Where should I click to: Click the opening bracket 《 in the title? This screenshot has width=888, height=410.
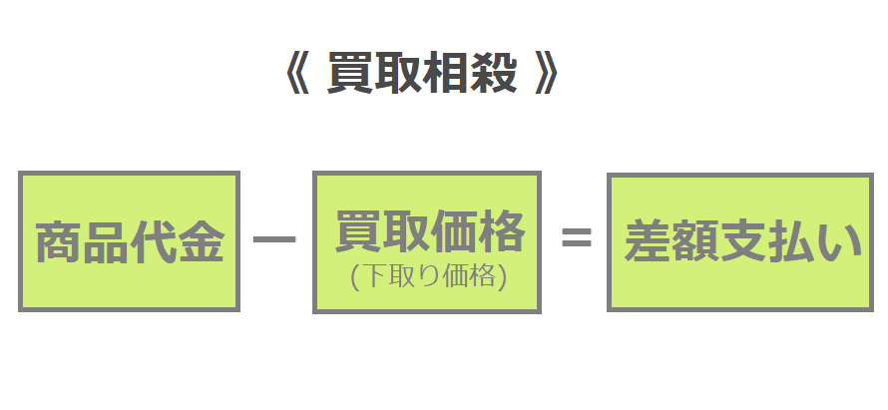point(296,73)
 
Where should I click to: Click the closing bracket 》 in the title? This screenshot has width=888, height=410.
point(546,73)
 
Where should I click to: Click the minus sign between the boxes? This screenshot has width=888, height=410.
point(274,239)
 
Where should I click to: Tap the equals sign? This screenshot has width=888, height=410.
point(577,236)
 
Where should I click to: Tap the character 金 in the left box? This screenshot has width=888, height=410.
point(201,242)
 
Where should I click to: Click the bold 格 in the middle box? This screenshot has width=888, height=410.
point(501,231)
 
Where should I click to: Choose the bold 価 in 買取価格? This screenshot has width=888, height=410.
point(454,231)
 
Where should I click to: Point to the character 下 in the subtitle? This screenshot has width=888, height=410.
point(372,277)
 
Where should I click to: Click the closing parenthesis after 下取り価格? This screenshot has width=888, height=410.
point(501,278)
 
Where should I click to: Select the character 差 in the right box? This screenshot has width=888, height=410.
point(648,240)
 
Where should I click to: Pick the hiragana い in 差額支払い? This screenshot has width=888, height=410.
point(839,241)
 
